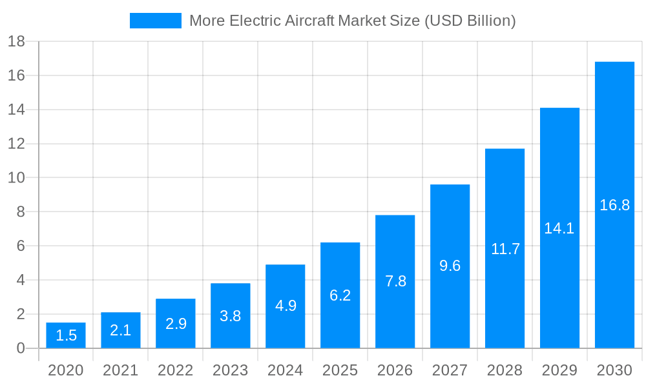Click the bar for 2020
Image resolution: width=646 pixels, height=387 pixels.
click(x=66, y=335)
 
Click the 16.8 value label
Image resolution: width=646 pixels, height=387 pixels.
click(x=614, y=205)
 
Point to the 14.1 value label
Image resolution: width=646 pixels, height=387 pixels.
click(x=559, y=228)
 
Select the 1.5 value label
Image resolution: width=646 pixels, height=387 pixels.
click(x=66, y=335)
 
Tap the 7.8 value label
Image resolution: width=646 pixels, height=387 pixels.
click(x=395, y=281)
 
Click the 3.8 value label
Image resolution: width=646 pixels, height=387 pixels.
click(x=231, y=316)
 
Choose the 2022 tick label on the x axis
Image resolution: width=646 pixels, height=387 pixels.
click(x=176, y=370)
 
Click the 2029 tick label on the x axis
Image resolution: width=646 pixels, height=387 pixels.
click(x=559, y=370)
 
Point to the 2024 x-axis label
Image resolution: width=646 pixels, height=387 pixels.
click(x=286, y=370)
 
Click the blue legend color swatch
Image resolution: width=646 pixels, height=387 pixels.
click(x=156, y=21)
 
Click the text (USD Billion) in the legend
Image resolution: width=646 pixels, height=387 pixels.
click(x=470, y=21)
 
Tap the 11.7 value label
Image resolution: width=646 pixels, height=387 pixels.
click(x=505, y=249)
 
